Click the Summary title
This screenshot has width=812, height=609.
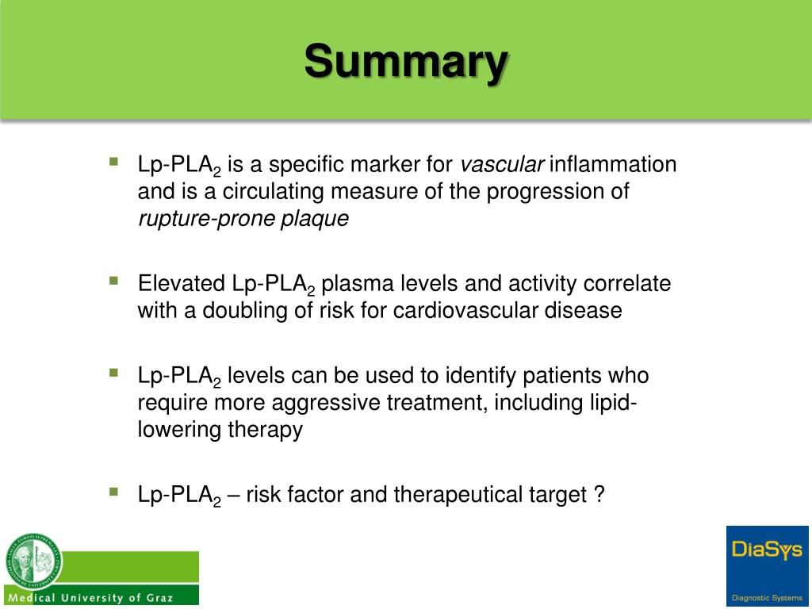tap(405, 61)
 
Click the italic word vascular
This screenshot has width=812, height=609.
tap(503, 165)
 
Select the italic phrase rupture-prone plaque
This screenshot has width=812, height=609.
tap(243, 220)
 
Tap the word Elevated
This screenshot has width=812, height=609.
tap(182, 284)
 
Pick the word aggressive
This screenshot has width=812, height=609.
tap(327, 403)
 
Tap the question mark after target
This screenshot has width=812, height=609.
tap(599, 495)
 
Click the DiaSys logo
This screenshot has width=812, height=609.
tap(767, 550)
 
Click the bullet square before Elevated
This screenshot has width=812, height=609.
tap(114, 280)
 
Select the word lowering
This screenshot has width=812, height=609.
tap(177, 430)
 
